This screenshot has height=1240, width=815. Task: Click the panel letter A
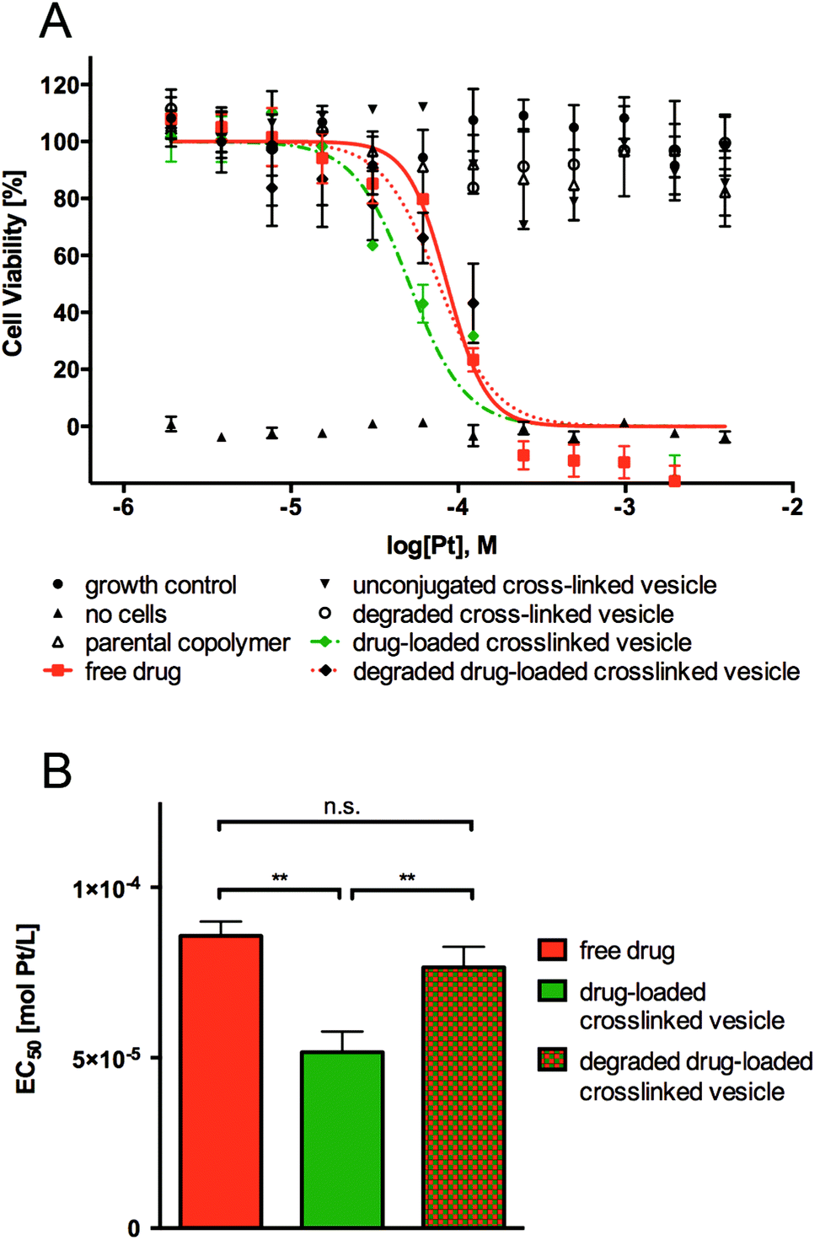(x=56, y=23)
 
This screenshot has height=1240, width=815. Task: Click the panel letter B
(x=56, y=770)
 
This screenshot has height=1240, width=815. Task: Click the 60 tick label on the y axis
(x=65, y=255)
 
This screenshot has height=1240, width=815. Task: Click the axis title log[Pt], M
(x=442, y=546)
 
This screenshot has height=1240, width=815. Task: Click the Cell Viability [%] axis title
(x=13, y=263)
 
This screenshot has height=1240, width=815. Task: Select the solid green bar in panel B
(x=343, y=1139)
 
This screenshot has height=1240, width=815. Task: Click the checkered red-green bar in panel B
(x=464, y=1097)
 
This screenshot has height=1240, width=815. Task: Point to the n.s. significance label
(x=341, y=807)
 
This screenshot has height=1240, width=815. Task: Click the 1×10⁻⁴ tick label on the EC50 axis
(x=105, y=888)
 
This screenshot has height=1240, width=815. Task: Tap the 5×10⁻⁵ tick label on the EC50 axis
(x=105, y=1058)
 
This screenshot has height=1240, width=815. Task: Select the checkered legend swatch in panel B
(x=552, y=1060)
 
